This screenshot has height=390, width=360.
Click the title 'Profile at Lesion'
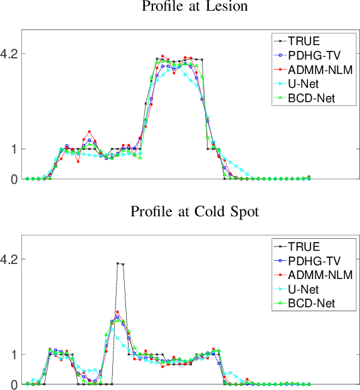(194, 7)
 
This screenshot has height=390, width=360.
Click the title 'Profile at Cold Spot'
(194, 211)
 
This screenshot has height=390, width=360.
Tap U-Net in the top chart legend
(303, 83)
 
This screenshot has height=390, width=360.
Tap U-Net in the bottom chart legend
(303, 288)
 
